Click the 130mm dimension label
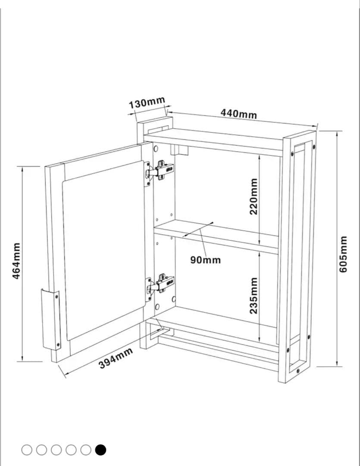click(147, 102)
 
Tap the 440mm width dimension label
click(238, 113)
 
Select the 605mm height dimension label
click(343, 254)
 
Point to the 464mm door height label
click(17, 261)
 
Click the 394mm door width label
click(116, 358)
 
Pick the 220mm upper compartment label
click(254, 196)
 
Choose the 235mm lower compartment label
click(254, 296)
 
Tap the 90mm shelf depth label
click(206, 260)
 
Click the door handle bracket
click(51, 319)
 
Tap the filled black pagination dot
click(100, 450)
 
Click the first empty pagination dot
click(27, 450)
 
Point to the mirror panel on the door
click(104, 250)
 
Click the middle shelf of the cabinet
click(216, 236)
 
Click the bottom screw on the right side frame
click(298, 371)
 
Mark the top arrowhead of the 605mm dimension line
click(337, 133)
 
